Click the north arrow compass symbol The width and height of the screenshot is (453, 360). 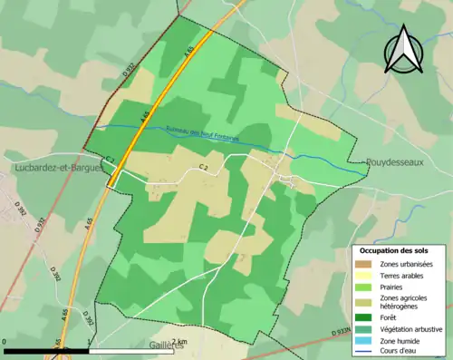(x=402, y=50)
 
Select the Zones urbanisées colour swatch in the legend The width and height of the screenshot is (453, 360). (x=364, y=263)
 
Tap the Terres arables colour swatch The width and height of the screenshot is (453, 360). (x=364, y=275)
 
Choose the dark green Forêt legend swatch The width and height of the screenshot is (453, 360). (x=364, y=317)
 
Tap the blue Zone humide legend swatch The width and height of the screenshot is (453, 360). (x=364, y=340)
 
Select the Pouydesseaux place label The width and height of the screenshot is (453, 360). (x=394, y=164)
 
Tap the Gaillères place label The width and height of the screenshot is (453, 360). (x=167, y=345)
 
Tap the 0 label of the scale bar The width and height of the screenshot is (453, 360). (x=5, y=341)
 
